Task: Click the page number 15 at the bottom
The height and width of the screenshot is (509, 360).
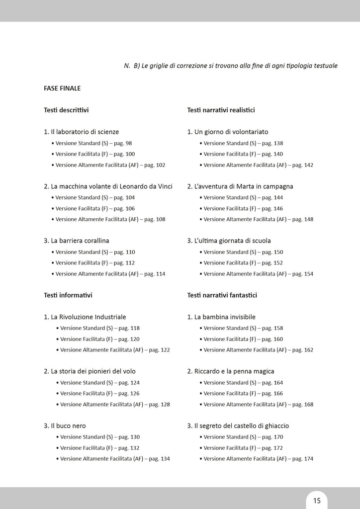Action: point(317,500)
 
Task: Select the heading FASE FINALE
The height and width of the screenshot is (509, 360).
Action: point(62,88)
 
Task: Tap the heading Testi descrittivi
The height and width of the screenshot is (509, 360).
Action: point(66,110)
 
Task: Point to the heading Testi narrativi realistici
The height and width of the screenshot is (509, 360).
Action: point(221,110)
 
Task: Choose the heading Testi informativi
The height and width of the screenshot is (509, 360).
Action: point(68,295)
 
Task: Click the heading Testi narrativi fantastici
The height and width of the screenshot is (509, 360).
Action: point(222,295)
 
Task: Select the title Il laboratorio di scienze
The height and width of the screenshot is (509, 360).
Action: point(85,132)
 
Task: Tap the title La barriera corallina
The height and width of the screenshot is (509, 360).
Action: point(80,241)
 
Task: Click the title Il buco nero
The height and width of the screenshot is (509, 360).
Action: point(68,426)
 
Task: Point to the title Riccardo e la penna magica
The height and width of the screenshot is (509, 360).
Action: point(234,371)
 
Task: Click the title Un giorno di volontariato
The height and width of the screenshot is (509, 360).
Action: point(231,132)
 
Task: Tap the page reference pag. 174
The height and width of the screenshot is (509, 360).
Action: point(303,459)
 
